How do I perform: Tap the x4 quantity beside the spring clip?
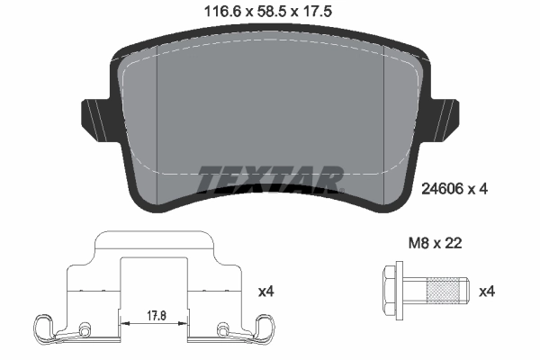coord(266,291)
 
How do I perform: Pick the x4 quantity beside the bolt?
coord(487,291)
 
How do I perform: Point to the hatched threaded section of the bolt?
coord(444,291)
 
